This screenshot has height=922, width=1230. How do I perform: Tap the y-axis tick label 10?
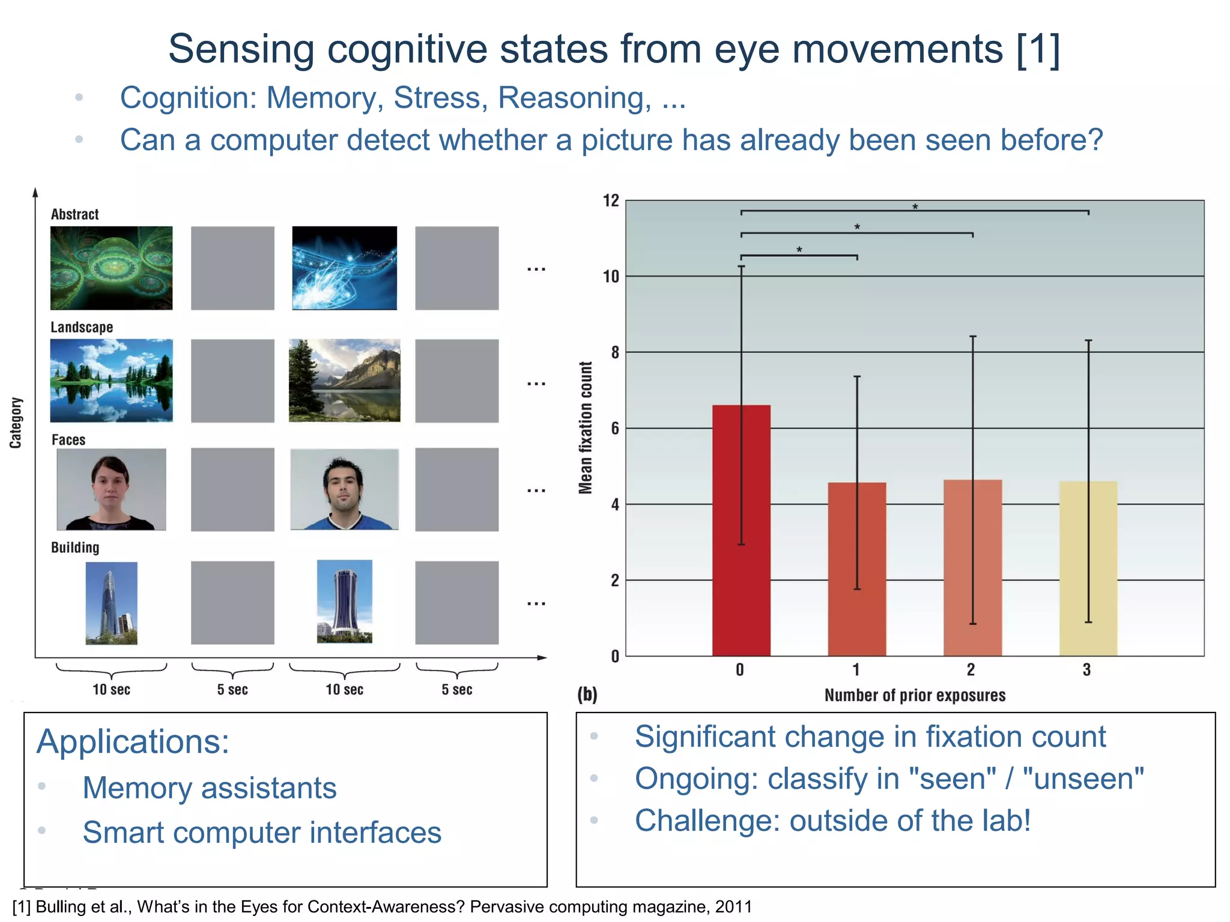(611, 277)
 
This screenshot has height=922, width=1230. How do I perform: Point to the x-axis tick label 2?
(971, 670)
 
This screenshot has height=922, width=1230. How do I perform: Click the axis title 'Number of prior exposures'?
(914, 695)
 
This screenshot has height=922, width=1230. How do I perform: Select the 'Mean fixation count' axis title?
(586, 427)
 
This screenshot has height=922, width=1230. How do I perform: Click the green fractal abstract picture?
(111, 268)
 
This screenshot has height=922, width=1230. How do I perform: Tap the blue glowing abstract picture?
(344, 268)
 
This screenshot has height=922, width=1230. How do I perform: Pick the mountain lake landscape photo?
(344, 381)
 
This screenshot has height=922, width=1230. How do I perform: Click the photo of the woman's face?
(111, 489)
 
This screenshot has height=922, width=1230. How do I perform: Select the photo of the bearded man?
(344, 489)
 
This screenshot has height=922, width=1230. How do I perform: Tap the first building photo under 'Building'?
(111, 603)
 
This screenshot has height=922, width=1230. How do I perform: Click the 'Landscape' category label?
(82, 327)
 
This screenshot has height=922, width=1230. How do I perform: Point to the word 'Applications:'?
(133, 741)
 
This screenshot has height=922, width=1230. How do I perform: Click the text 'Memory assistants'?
(210, 788)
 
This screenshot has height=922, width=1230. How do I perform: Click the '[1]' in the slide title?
(1038, 49)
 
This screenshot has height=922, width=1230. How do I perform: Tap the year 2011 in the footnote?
(733, 906)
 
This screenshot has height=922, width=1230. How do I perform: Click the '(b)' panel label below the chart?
(587, 695)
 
